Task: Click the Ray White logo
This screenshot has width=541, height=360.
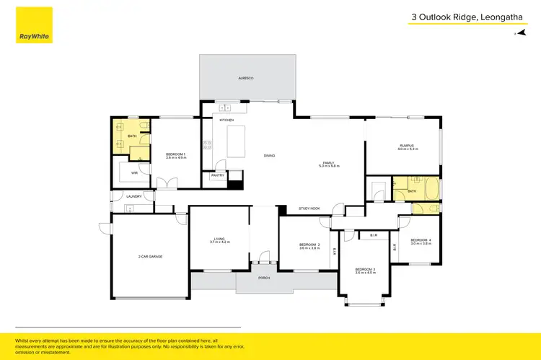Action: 35,26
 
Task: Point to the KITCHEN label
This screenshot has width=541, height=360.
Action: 226,120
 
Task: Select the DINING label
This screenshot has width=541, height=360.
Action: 269,156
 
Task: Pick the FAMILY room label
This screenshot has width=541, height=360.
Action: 329,164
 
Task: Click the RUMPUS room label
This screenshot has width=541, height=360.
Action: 407,146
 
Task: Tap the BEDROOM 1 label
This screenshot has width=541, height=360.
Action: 176,154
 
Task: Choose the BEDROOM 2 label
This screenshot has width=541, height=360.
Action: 309,245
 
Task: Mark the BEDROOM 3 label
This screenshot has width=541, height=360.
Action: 365,270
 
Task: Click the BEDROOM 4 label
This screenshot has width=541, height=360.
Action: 421,240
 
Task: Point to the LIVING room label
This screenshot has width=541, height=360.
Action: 219,239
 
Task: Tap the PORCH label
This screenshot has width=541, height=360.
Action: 264,278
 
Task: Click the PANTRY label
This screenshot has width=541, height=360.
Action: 217,175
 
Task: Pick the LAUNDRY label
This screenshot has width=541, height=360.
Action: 133,196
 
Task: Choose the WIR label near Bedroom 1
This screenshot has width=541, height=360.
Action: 134,173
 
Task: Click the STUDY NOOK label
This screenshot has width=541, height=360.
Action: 309,208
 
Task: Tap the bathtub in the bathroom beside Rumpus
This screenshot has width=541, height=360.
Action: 431,190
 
